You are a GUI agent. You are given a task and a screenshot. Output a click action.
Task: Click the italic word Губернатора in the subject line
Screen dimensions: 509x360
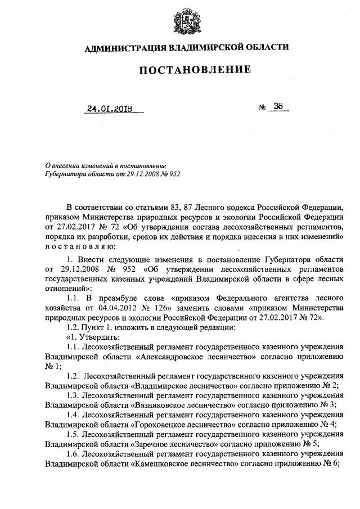65,175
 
